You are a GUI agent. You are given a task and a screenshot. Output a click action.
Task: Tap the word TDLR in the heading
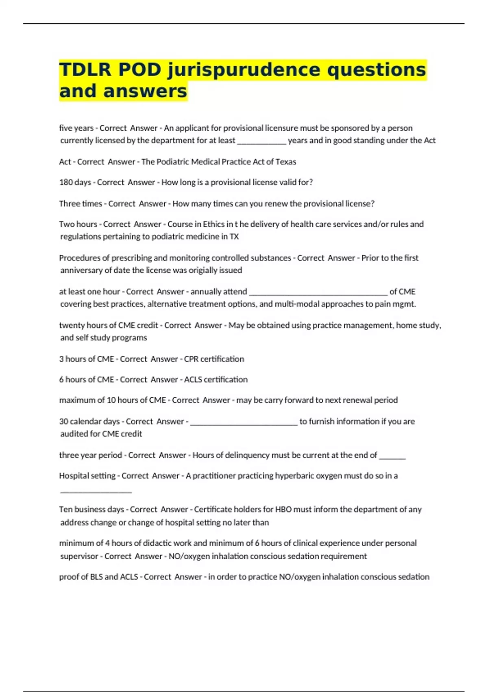pyautogui.click(x=85, y=69)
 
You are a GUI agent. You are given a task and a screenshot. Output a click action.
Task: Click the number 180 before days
pyautogui.click(x=66, y=182)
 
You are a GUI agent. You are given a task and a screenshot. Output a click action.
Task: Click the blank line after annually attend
pyautogui.click(x=318, y=292)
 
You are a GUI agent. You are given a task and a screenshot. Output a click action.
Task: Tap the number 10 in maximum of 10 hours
pyautogui.click(x=111, y=400)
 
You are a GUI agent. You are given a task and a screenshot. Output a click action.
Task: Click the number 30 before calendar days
pyautogui.click(x=64, y=421)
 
